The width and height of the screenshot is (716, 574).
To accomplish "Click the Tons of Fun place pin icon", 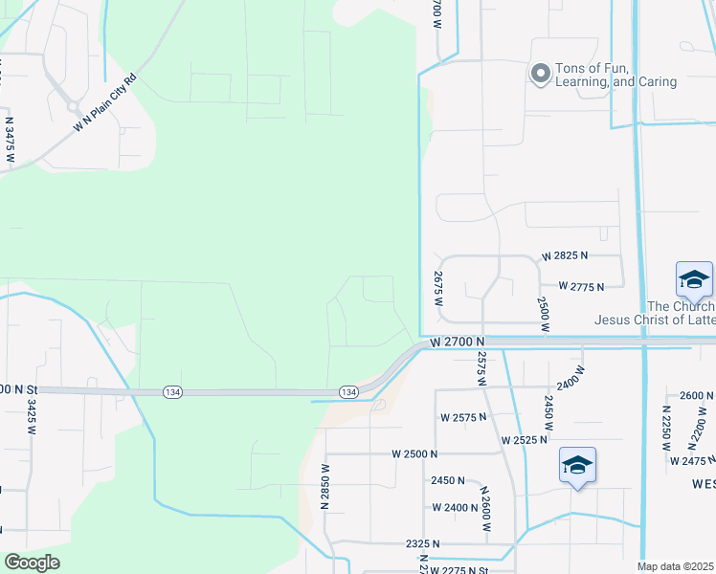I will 541,74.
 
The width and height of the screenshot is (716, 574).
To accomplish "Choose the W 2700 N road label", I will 459,342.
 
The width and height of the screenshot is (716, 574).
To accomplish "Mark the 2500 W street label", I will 543,314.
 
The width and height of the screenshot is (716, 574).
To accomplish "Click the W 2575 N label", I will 464,417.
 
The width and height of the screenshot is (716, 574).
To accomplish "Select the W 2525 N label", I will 524,440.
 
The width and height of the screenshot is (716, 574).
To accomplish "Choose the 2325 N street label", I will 423,543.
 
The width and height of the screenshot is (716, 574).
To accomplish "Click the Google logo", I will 33,563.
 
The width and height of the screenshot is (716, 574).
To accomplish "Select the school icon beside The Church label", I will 694,279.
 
